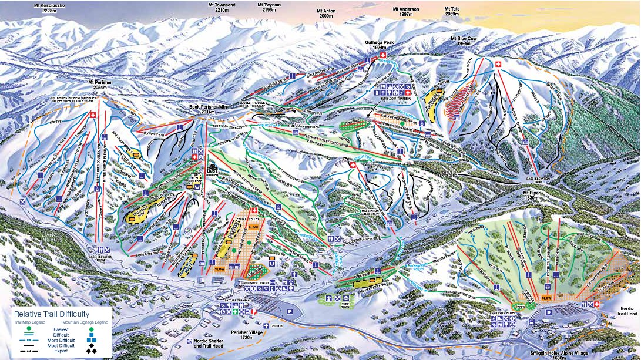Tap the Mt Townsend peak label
pos(221,7)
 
